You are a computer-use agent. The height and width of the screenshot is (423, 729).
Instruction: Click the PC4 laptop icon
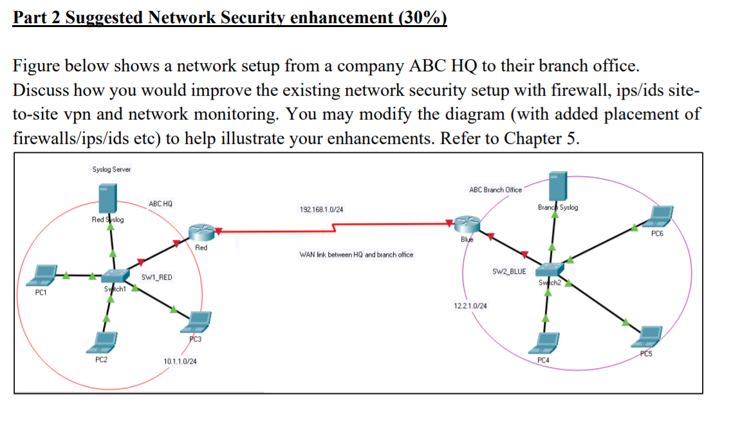(x=544, y=342)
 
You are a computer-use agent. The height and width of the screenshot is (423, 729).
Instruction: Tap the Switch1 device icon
(x=113, y=278)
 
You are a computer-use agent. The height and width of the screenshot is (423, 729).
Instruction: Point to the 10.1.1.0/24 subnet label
(x=180, y=362)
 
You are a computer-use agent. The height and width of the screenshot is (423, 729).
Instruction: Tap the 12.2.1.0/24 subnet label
(x=470, y=305)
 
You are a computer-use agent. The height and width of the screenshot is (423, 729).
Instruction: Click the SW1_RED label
(x=156, y=278)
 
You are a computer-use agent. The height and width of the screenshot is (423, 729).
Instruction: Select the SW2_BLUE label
(x=509, y=272)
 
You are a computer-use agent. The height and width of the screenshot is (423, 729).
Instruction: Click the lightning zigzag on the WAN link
(x=334, y=228)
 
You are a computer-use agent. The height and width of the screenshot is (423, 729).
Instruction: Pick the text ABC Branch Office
(x=495, y=190)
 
